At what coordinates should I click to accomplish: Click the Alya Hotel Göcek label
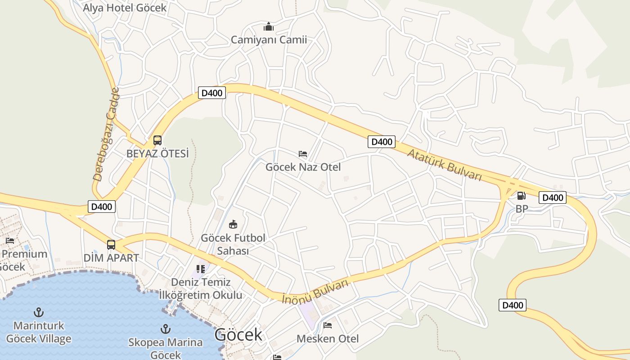click(x=125, y=8)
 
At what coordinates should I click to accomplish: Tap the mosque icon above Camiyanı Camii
click(x=269, y=27)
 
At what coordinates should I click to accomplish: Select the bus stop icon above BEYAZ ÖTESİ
click(x=157, y=140)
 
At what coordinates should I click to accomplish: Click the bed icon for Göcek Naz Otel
click(x=303, y=154)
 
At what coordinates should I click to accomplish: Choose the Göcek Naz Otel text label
click(x=303, y=167)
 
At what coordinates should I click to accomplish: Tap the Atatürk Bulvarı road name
click(x=444, y=165)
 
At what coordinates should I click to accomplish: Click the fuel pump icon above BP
click(x=521, y=196)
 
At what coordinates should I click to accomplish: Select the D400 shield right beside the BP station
click(x=552, y=198)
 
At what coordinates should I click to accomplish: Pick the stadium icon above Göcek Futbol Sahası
click(x=233, y=224)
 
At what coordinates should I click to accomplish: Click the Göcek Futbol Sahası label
click(x=233, y=244)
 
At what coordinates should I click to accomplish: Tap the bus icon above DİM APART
click(x=111, y=245)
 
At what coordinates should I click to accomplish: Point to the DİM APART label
click(x=111, y=258)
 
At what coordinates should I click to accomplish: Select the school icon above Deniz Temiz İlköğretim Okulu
click(x=201, y=269)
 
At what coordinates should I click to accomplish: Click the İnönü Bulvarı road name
click(x=315, y=292)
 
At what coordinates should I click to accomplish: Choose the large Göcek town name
click(x=238, y=335)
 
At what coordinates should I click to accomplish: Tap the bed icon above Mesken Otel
click(x=328, y=325)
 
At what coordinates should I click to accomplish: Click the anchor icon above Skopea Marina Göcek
click(x=166, y=329)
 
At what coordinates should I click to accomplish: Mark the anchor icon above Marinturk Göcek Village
click(x=39, y=312)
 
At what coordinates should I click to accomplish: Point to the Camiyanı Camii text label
click(x=269, y=40)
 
